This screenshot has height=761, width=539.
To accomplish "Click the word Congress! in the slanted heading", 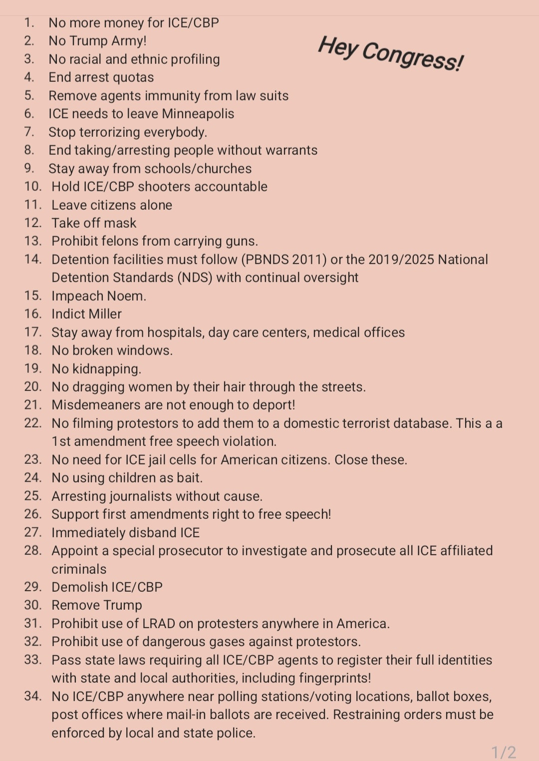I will (413, 56).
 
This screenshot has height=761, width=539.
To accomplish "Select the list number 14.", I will (33, 259).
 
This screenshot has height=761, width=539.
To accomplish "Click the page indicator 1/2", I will (503, 752).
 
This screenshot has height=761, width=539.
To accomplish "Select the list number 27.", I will (33, 532).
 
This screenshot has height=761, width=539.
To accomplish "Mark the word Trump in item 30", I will (121, 605).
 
